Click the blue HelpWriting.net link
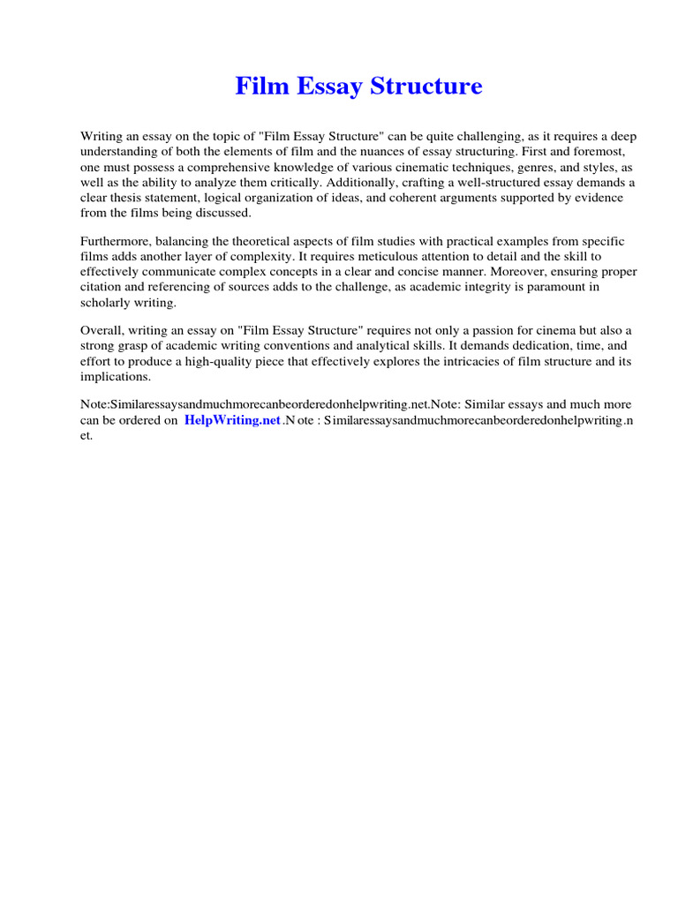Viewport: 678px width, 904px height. [x=232, y=421]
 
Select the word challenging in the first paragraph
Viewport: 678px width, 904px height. [x=470, y=137]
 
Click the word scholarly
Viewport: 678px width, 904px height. [x=107, y=302]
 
